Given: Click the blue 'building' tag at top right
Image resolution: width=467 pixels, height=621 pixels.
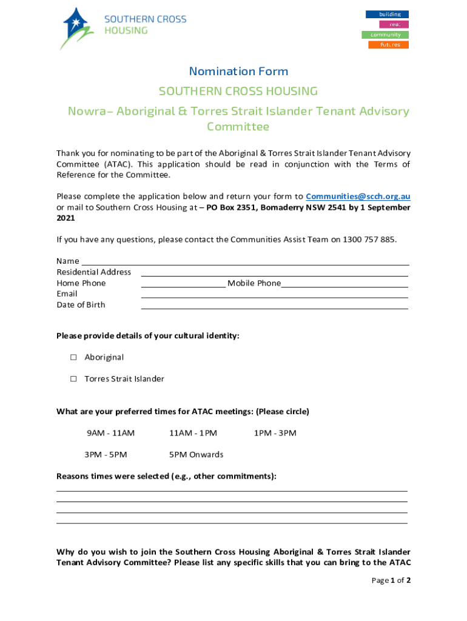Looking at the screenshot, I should [x=386, y=14].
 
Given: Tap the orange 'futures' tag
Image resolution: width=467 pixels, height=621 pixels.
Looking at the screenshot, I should [x=388, y=45].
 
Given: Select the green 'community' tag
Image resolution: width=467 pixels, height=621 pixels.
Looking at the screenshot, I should [x=385, y=35].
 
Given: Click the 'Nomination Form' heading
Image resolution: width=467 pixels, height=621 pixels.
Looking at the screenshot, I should [x=238, y=71].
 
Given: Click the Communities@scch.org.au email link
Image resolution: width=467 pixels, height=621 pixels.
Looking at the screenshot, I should [x=358, y=196].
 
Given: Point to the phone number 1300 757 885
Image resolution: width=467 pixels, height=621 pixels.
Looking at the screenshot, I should [x=369, y=239].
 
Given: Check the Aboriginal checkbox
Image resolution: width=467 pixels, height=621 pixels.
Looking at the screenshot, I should [x=73, y=357].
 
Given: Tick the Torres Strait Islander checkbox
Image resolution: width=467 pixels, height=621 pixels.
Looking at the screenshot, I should [x=73, y=378].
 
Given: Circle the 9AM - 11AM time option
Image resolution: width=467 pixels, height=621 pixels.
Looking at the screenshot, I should [x=110, y=433].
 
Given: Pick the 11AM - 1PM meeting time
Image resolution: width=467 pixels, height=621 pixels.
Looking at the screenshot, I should [x=193, y=433].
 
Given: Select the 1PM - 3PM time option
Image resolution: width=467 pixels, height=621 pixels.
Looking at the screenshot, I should [x=275, y=433].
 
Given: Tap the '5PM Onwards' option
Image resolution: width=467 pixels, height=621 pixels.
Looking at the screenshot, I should [x=196, y=454].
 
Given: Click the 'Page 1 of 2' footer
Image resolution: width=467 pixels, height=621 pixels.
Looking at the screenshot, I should [x=391, y=580].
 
